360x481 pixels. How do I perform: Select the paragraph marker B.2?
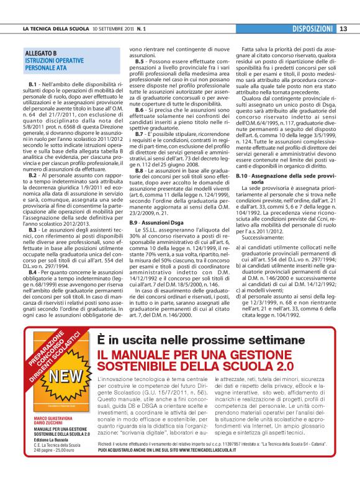[x=33, y=176]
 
